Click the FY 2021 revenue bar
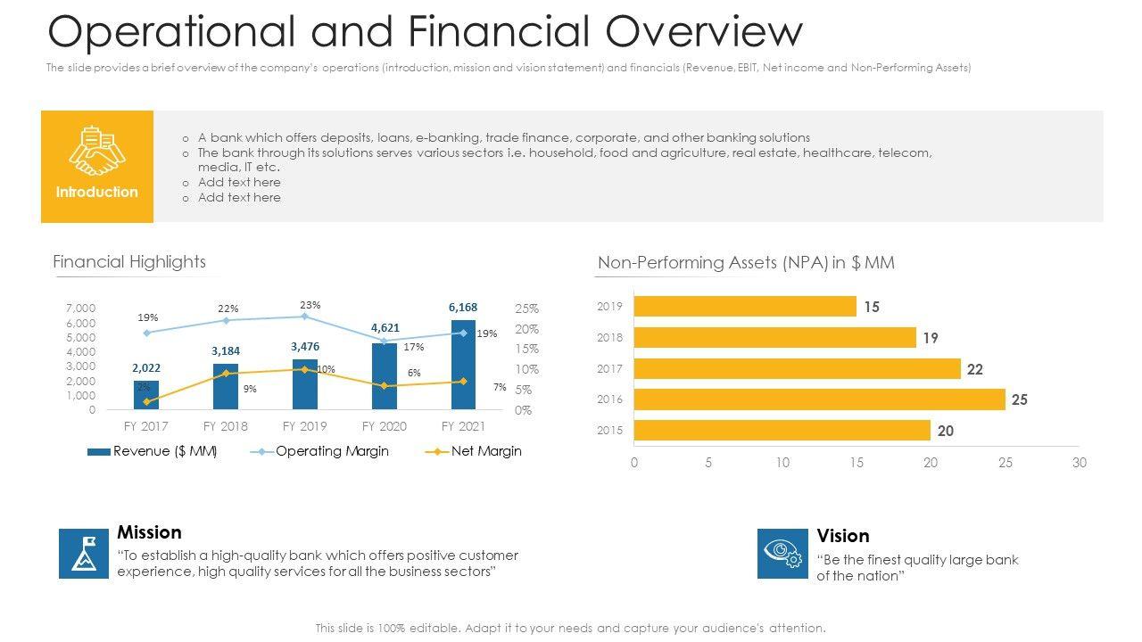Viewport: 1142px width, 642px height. [463, 365]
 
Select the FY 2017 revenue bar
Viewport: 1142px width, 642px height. [146, 395]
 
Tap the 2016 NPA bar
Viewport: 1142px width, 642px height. [819, 399]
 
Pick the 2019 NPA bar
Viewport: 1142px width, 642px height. [745, 307]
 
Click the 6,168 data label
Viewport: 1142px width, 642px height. [463, 308]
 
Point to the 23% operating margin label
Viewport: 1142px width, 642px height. [310, 305]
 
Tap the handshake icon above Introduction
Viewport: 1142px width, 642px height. [97, 151]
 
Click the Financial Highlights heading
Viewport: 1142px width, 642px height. [129, 261]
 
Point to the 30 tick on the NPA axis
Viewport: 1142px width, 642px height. [1080, 463]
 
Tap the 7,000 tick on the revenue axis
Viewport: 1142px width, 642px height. [80, 309]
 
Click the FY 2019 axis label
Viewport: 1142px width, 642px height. [305, 426]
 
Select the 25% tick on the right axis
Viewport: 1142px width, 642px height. [526, 309]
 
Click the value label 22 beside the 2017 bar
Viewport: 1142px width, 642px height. [975, 369]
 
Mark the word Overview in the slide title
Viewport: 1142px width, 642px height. [704, 32]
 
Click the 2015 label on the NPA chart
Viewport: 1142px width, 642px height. [610, 431]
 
